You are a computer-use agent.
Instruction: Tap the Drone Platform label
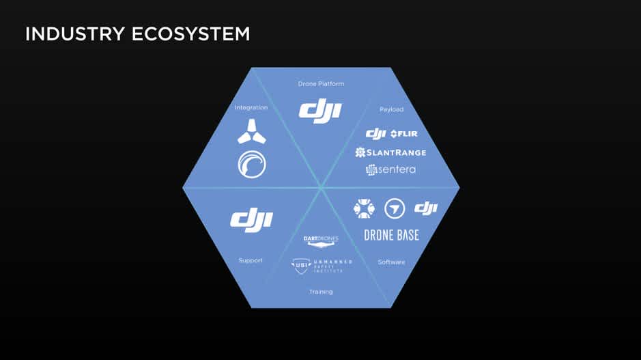coord(321,84)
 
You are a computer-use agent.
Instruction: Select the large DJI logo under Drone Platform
coord(320,111)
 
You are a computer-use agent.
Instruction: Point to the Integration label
coord(251,107)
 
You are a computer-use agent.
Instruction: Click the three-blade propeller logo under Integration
coord(252,131)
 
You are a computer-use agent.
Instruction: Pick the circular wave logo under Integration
coord(252,164)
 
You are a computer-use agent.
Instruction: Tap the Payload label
coord(391,109)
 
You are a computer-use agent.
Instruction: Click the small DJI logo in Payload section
coord(376,133)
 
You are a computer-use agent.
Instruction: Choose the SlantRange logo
coord(390,152)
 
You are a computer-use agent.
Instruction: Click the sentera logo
coord(390,169)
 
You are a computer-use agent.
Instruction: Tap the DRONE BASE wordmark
coord(391,235)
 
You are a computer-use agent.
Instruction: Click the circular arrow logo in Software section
coord(395,208)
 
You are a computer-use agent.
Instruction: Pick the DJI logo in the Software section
coord(426,208)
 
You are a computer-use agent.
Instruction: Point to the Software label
coord(391,262)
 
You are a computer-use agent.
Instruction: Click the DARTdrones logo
coord(321,240)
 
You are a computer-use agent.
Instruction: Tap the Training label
coord(321,292)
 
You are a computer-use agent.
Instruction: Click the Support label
coord(251,260)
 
